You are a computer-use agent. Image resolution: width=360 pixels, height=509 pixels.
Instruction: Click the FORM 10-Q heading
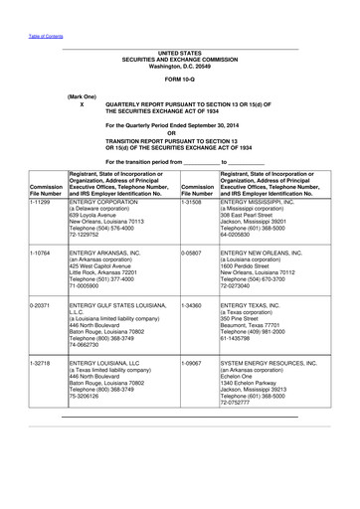(x=180, y=79)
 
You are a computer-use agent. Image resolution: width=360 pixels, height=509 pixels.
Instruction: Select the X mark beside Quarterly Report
(x=82, y=104)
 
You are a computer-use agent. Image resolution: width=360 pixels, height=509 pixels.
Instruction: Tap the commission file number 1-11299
(x=42, y=200)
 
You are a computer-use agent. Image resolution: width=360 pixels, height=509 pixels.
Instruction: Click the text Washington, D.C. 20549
(x=179, y=64)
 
